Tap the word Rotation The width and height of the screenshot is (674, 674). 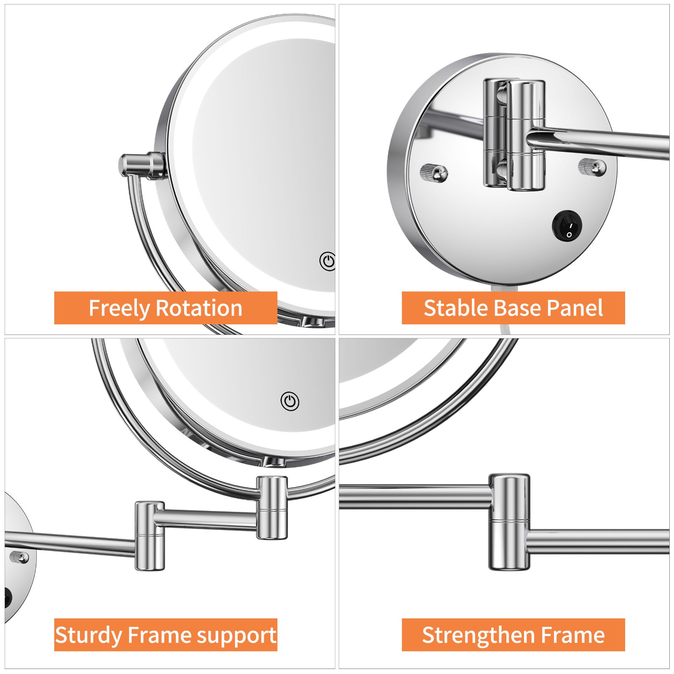[x=199, y=308]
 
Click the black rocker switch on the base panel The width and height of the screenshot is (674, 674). [x=567, y=226]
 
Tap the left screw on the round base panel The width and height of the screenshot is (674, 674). [x=434, y=173]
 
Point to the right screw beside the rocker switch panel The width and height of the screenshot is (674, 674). [x=592, y=167]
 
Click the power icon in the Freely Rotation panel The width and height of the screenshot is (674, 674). [x=327, y=262]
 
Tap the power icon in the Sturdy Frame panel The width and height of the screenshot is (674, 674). [x=290, y=401]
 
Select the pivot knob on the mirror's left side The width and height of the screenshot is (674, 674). [x=142, y=166]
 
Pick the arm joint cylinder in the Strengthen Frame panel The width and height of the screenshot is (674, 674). [x=509, y=522]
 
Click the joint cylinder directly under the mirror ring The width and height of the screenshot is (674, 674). [x=272, y=507]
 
